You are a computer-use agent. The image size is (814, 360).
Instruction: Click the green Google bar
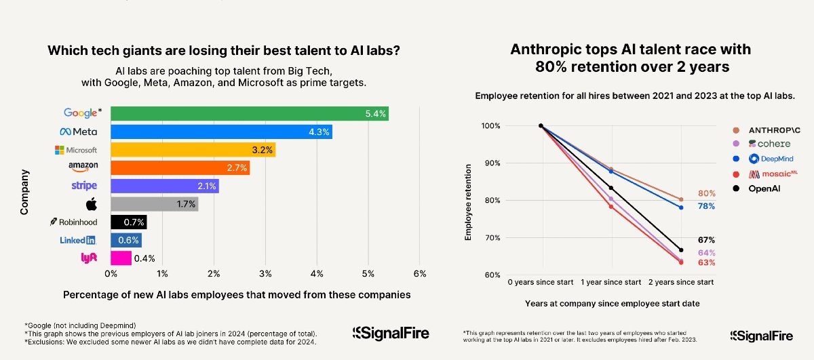(250, 113)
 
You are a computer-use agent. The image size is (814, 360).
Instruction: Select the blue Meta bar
(221, 132)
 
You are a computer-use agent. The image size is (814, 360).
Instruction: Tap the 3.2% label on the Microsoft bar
(262, 150)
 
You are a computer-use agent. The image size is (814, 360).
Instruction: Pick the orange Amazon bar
(180, 167)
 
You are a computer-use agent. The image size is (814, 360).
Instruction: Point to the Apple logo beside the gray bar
(92, 203)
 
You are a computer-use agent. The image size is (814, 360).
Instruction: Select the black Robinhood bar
(128, 222)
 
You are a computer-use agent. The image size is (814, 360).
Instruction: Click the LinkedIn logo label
(78, 240)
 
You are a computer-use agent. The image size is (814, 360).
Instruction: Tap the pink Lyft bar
(121, 258)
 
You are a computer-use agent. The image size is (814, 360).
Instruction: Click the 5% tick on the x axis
(368, 274)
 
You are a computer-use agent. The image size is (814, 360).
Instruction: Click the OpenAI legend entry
(763, 188)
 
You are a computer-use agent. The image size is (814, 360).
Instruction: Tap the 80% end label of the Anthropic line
(706, 194)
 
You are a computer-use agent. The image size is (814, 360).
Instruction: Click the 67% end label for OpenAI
(706, 240)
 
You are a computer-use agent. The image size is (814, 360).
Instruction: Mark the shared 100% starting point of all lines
(541, 125)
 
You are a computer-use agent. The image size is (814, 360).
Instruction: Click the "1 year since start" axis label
(611, 281)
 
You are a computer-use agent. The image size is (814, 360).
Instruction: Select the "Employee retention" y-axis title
(468, 201)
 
